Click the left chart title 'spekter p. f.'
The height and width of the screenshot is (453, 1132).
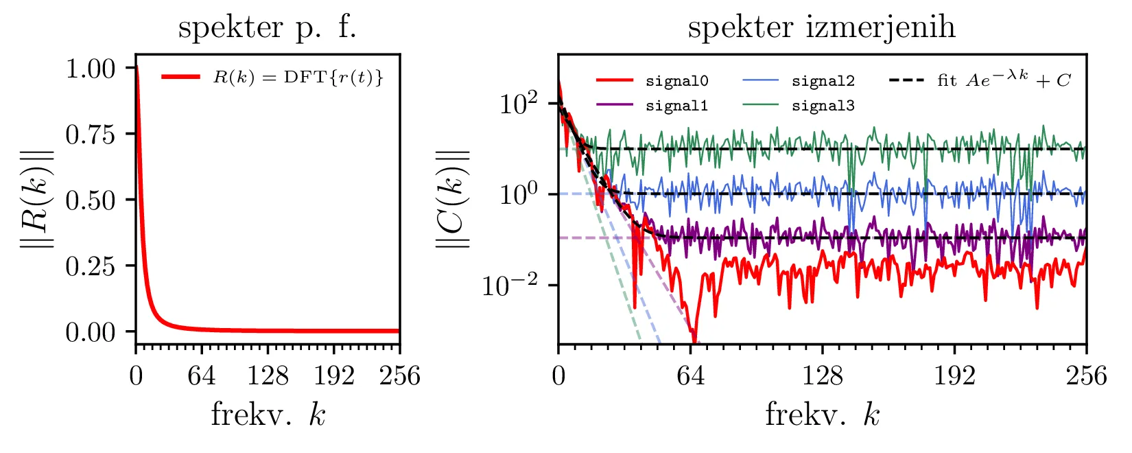[x=267, y=27]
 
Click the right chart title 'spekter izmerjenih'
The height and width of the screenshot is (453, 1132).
[x=821, y=27]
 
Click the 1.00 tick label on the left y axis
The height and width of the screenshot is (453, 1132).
[x=91, y=69]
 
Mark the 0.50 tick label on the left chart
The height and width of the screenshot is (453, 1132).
[x=91, y=200]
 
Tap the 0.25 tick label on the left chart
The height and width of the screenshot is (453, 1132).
[x=91, y=266]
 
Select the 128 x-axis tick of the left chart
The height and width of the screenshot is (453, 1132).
[x=268, y=376]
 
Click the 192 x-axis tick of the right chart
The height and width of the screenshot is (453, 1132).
[x=954, y=376]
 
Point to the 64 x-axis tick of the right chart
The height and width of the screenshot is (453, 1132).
[x=690, y=376]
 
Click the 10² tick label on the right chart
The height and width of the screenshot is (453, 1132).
[x=518, y=104]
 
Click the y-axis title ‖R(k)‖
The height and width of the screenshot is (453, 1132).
[x=38, y=199]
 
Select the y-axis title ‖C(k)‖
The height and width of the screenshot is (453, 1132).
[x=453, y=199]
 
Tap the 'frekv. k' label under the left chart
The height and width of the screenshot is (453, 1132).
[x=268, y=415]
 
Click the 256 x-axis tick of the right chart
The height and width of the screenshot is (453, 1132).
[x=1086, y=376]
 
